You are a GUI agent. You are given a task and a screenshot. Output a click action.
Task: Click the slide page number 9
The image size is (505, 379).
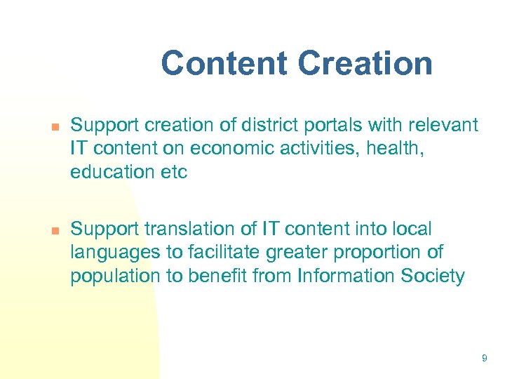coord(484,359)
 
